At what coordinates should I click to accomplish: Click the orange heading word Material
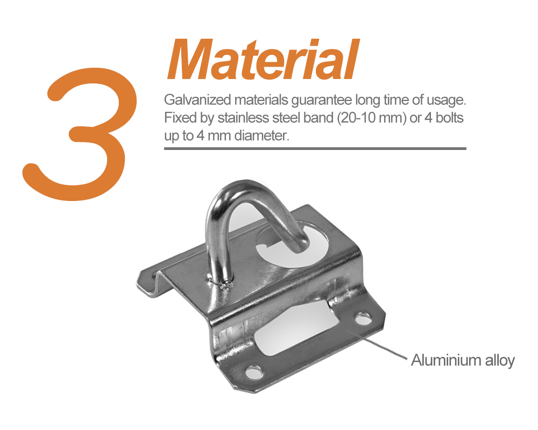click(x=263, y=60)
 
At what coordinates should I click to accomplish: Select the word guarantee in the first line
click(x=321, y=101)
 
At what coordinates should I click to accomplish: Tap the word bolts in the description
click(x=449, y=118)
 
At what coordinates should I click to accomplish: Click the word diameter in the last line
click(x=262, y=136)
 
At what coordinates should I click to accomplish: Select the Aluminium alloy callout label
click(x=463, y=360)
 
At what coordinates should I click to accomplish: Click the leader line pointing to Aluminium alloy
click(x=378, y=345)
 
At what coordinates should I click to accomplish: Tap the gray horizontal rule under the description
click(x=315, y=148)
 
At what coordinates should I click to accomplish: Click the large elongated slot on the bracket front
click(x=297, y=328)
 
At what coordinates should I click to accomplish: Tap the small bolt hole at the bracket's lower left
click(x=254, y=372)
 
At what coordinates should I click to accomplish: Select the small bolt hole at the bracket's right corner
click(x=363, y=319)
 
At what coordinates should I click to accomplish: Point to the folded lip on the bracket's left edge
click(x=151, y=279)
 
